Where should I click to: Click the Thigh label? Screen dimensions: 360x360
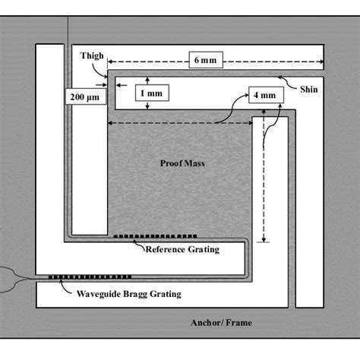tap(92, 55)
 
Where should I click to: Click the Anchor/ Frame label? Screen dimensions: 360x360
tap(221, 322)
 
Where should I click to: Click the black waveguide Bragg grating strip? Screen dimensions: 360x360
tap(90, 276)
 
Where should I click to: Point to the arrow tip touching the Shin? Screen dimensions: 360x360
tap(279, 75)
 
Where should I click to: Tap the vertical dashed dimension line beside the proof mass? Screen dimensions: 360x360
tap(264, 178)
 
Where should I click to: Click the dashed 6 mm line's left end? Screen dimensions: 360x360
tap(107, 58)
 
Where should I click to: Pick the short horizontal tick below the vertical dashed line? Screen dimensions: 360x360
tap(264, 242)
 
